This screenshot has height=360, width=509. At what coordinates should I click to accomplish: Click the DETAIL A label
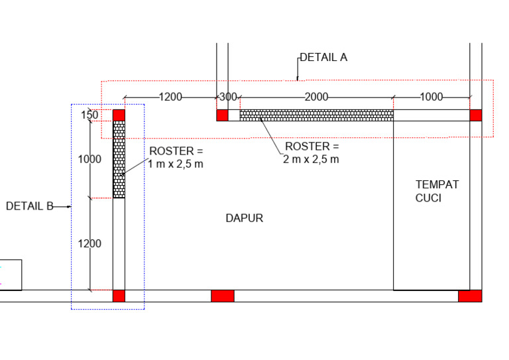[323, 58]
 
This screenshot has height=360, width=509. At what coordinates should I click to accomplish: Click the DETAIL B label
[29, 206]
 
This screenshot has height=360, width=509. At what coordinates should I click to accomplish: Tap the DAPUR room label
[244, 218]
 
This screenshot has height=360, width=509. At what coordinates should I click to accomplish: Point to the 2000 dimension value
[316, 97]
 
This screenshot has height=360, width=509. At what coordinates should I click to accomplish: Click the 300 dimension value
[228, 97]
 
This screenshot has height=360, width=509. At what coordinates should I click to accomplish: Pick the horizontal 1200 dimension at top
[170, 97]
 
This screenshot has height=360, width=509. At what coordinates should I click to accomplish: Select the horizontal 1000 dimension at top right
[431, 97]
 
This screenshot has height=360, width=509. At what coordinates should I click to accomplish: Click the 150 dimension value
[90, 115]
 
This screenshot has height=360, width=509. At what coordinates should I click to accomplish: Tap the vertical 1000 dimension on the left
[89, 159]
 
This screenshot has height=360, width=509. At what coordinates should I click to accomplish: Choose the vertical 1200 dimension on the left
[89, 243]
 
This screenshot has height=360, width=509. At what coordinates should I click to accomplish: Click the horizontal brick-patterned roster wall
[316, 115]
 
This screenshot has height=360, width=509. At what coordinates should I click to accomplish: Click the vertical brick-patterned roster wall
[119, 159]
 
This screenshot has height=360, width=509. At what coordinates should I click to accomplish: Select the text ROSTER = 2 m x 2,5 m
[311, 152]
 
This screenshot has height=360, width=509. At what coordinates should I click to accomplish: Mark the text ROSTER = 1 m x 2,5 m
[176, 158]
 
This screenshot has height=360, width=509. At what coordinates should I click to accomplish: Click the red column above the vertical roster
[119, 115]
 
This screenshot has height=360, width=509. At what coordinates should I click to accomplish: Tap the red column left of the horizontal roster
[222, 115]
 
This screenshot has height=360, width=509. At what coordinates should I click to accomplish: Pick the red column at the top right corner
[476, 115]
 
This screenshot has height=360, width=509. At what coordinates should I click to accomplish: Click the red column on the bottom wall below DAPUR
[222, 296]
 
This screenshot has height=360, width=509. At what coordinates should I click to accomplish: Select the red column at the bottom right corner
[470, 296]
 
